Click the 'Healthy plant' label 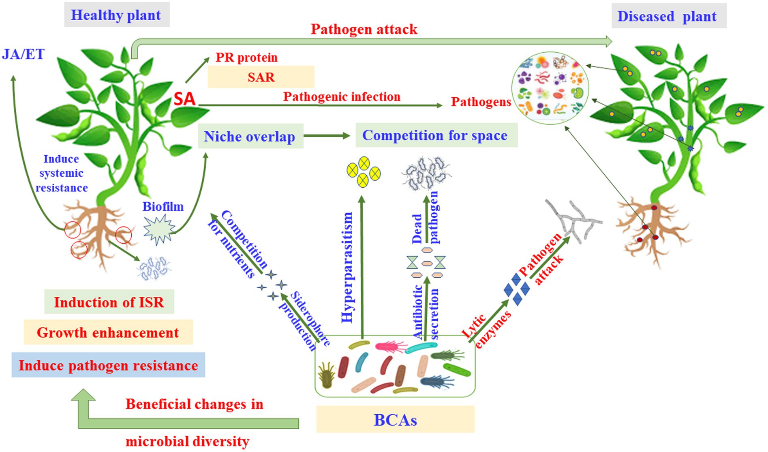coord(116,15)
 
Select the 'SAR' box coord(261,77)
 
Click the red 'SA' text coord(184,99)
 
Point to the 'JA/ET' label coord(23,54)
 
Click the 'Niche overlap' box coord(250,136)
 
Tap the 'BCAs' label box coord(395,420)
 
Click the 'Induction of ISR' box coord(109,302)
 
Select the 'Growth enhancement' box coord(108,332)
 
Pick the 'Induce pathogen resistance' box coord(108,365)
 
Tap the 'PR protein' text coord(246,58)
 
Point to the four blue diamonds coord(516,289)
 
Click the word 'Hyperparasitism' coord(347,268)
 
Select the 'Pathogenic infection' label coord(341,97)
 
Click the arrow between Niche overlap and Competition coord(327,136)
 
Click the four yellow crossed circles coord(364,172)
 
